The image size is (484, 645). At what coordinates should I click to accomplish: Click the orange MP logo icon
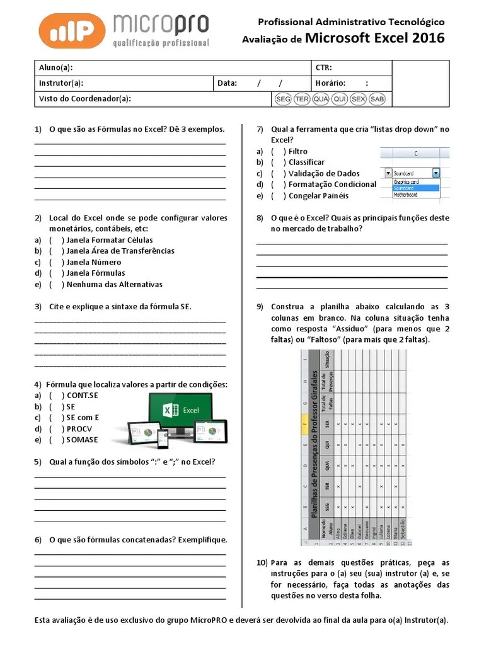tap(72, 31)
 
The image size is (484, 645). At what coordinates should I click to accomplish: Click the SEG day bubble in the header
tap(284, 100)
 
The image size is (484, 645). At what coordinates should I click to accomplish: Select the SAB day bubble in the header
tap(377, 100)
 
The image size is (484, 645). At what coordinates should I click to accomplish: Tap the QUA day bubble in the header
tap(321, 100)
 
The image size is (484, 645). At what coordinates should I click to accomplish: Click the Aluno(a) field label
tap(55, 68)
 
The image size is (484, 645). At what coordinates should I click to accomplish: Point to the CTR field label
tap(323, 68)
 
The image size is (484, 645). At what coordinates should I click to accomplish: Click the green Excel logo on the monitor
tap(171, 410)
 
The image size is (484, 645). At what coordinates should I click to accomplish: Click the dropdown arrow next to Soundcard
tap(436, 173)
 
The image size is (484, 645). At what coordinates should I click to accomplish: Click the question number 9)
tap(260, 307)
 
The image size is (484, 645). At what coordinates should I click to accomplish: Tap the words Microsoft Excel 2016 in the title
tap(374, 38)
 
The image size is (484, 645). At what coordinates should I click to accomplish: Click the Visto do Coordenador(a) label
tap(85, 99)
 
